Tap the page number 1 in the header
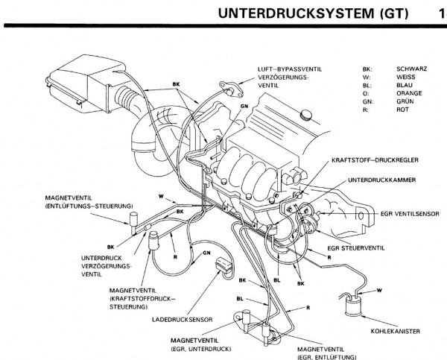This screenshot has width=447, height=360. point(434,13)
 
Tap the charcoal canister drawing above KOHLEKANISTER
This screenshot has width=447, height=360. point(355,306)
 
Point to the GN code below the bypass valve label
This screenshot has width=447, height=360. point(244,106)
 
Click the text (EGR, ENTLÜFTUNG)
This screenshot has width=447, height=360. point(320,355)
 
